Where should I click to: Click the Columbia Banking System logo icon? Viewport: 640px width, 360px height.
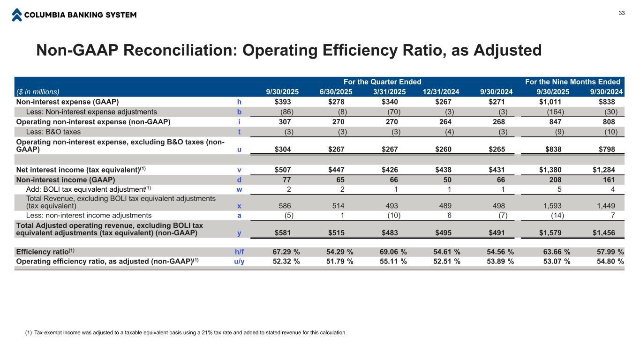(17, 15)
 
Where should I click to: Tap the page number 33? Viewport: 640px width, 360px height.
(622, 13)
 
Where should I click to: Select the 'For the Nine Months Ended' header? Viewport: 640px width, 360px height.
(572, 82)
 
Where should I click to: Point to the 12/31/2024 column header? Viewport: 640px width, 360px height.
(438, 92)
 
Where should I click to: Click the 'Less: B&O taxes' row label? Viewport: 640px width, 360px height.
(53, 132)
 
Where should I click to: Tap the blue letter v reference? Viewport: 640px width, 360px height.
(239, 170)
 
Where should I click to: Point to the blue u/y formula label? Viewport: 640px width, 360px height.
(239, 262)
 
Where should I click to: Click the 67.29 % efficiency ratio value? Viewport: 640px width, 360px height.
(286, 252)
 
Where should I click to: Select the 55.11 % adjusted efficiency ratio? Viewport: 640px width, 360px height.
(393, 262)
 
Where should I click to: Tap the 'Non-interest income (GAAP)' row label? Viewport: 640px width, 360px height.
(66, 180)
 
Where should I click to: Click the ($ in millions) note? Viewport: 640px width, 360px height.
(38, 92)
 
